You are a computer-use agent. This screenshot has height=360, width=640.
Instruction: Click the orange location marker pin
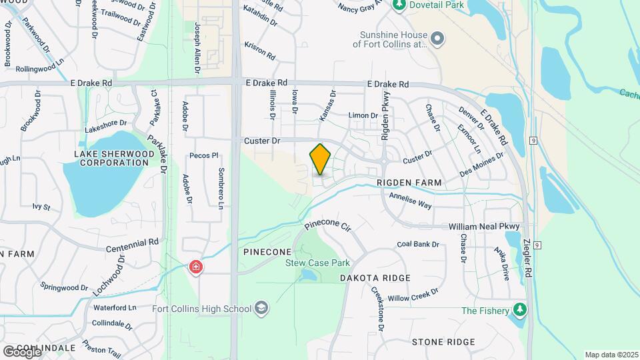pyautogui.click(x=320, y=159)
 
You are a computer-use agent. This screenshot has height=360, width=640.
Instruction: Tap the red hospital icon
pyautogui.click(x=196, y=268)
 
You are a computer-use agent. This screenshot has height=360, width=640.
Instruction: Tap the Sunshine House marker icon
pyautogui.click(x=437, y=39)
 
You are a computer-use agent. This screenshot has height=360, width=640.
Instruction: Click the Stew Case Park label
pyautogui.click(x=318, y=263)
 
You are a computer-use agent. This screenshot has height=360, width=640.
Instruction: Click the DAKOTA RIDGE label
pyautogui.click(x=375, y=277)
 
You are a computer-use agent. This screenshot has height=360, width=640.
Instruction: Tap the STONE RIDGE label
pyautogui.click(x=443, y=342)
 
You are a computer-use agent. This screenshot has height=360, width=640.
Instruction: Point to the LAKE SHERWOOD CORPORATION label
pyautogui.click(x=111, y=158)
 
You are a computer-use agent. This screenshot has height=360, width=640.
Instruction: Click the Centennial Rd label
pyautogui.click(x=133, y=245)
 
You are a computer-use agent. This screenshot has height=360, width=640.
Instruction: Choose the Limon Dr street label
pyautogui.click(x=364, y=115)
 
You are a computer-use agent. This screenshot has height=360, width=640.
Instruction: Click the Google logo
pyautogui.click(x=22, y=351)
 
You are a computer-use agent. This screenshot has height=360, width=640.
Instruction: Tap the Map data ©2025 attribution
pyautogui.click(x=611, y=355)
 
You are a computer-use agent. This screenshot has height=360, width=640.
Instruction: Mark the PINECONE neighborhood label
pyautogui.click(x=267, y=252)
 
